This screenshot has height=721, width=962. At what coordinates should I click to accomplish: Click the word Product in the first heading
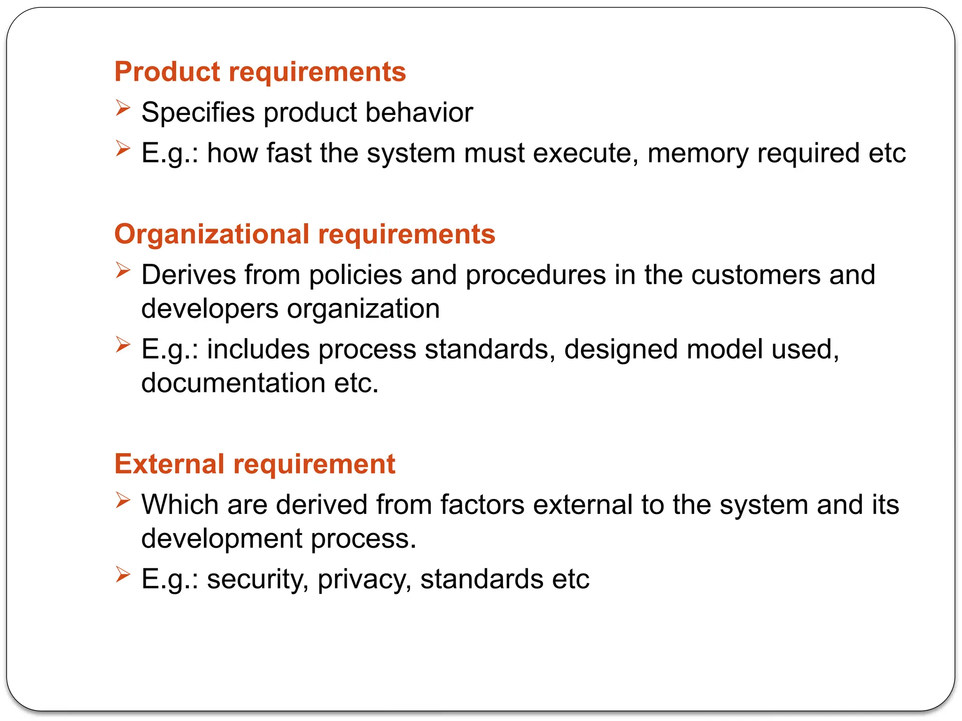(x=167, y=72)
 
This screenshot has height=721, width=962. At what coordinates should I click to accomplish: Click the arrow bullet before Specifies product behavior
(x=123, y=108)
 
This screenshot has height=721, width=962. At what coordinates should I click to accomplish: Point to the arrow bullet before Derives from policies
(x=123, y=270)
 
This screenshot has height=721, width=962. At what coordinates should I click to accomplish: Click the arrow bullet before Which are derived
(x=123, y=500)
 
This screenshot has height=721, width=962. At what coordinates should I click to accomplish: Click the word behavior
(x=419, y=113)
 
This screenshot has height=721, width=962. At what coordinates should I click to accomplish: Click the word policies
(x=355, y=275)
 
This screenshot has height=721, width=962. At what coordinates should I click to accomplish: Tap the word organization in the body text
(x=363, y=309)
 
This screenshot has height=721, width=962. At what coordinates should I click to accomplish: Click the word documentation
(x=233, y=383)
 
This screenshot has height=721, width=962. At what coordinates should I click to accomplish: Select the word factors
(x=482, y=505)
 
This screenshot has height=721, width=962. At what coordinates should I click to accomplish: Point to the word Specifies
(x=198, y=113)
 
